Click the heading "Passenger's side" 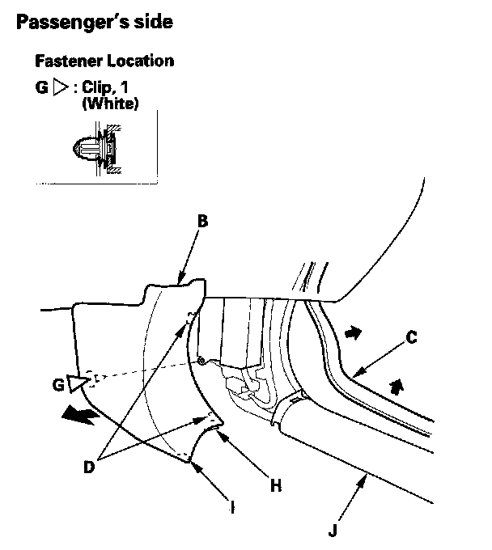pyautogui.click(x=94, y=22)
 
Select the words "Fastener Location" pyautogui.click(x=104, y=61)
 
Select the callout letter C pyautogui.click(x=411, y=339)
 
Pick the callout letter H pyautogui.click(x=276, y=485)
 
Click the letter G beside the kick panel pyautogui.click(x=57, y=386)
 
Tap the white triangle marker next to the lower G pyautogui.click(x=77, y=383)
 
